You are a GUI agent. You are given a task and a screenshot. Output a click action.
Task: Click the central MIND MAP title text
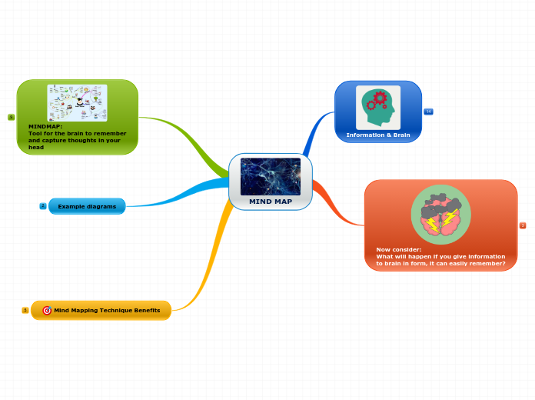click(x=271, y=202)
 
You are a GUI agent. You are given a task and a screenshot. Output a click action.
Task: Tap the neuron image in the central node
click(x=271, y=176)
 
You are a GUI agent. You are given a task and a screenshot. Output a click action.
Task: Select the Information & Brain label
click(x=378, y=135)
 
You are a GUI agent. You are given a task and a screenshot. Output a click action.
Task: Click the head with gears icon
click(x=378, y=107)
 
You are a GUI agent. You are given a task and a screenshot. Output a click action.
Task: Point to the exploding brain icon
click(x=440, y=215)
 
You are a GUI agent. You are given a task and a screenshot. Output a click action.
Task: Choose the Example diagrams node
click(x=87, y=206)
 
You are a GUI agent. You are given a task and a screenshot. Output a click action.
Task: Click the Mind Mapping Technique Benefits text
click(x=107, y=310)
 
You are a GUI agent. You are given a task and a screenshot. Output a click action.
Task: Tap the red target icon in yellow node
click(x=47, y=310)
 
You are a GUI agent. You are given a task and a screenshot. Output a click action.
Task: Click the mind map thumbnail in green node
click(x=77, y=103)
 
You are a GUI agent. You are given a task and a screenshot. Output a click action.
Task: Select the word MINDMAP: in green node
click(x=45, y=126)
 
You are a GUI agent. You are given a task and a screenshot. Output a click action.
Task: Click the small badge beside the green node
click(x=12, y=117)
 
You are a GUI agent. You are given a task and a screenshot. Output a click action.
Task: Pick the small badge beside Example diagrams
click(x=43, y=206)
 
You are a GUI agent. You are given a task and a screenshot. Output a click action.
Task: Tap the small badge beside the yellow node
click(x=25, y=310)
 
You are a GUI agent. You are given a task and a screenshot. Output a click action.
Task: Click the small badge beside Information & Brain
click(x=428, y=112)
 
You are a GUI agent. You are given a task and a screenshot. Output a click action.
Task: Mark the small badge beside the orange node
click(x=523, y=225)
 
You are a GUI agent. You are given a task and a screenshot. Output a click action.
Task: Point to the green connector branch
click(x=184, y=135)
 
